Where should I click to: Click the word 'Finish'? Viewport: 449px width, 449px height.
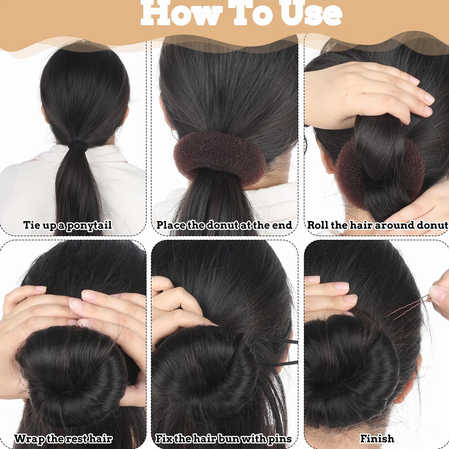click(x=377, y=438)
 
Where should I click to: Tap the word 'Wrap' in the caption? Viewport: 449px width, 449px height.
click(x=29, y=439)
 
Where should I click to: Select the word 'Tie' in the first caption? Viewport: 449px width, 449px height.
click(x=31, y=225)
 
